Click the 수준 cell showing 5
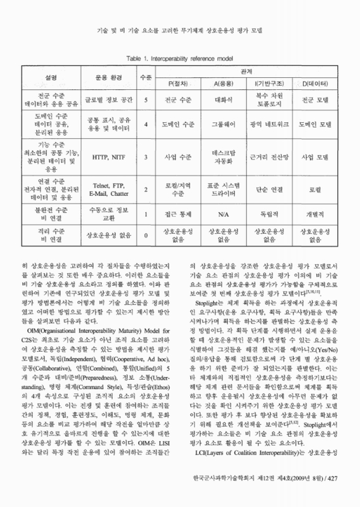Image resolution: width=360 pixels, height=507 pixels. click(x=146, y=100)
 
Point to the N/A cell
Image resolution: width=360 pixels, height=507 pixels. click(x=223, y=214)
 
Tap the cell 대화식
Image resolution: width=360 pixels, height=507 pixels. click(x=223, y=100)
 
